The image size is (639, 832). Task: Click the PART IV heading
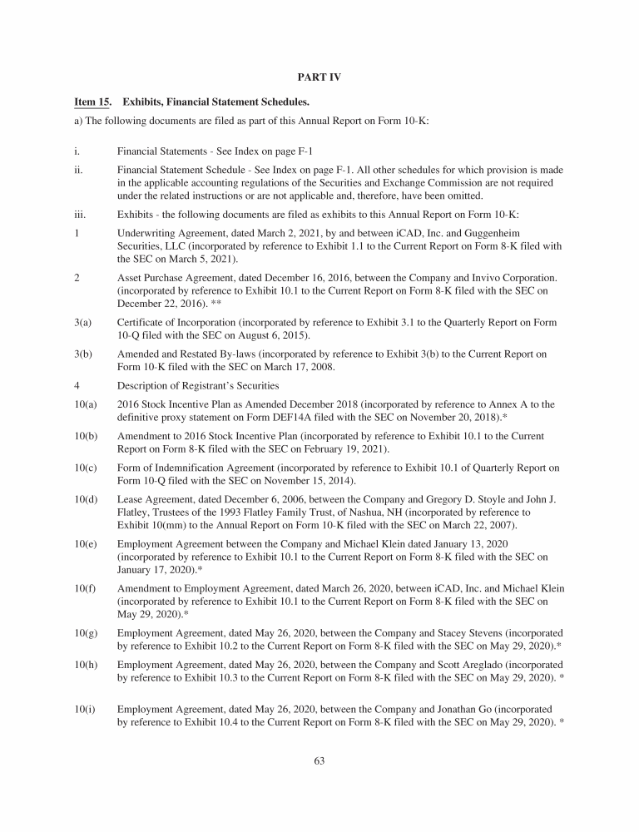coord(319,77)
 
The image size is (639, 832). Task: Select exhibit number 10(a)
coord(84,404)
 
